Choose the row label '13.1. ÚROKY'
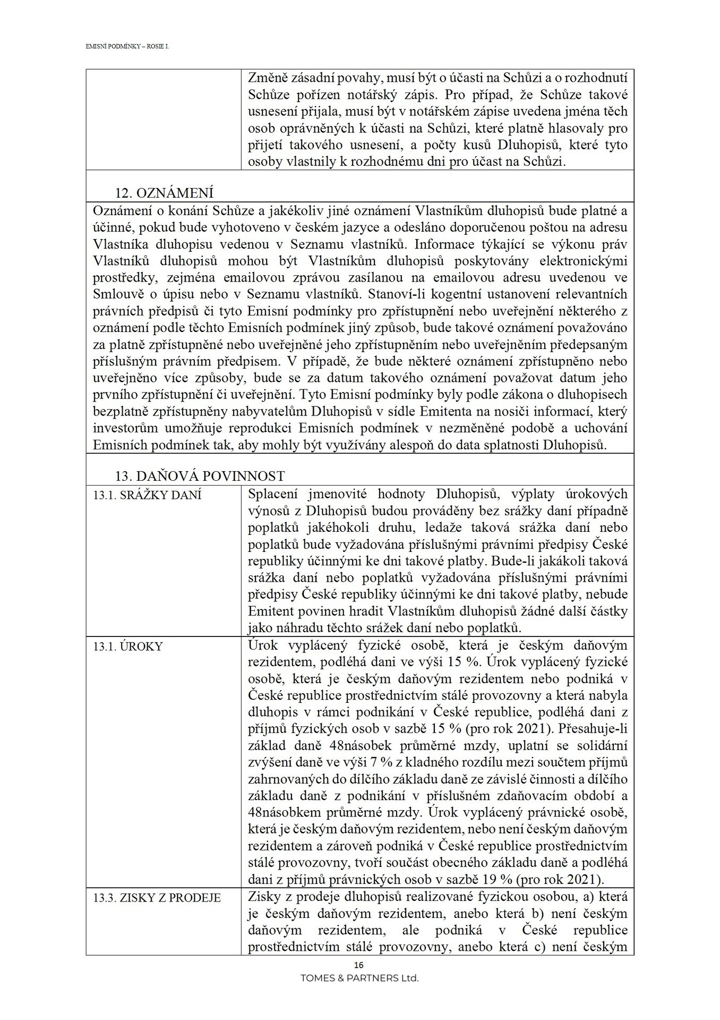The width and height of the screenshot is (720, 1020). pos(127,647)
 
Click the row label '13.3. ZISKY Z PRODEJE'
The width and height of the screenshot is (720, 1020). pos(157,898)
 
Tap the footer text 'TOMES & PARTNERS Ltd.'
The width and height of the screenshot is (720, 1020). pos(359,978)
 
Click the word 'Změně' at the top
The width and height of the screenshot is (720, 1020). pos(269,78)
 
